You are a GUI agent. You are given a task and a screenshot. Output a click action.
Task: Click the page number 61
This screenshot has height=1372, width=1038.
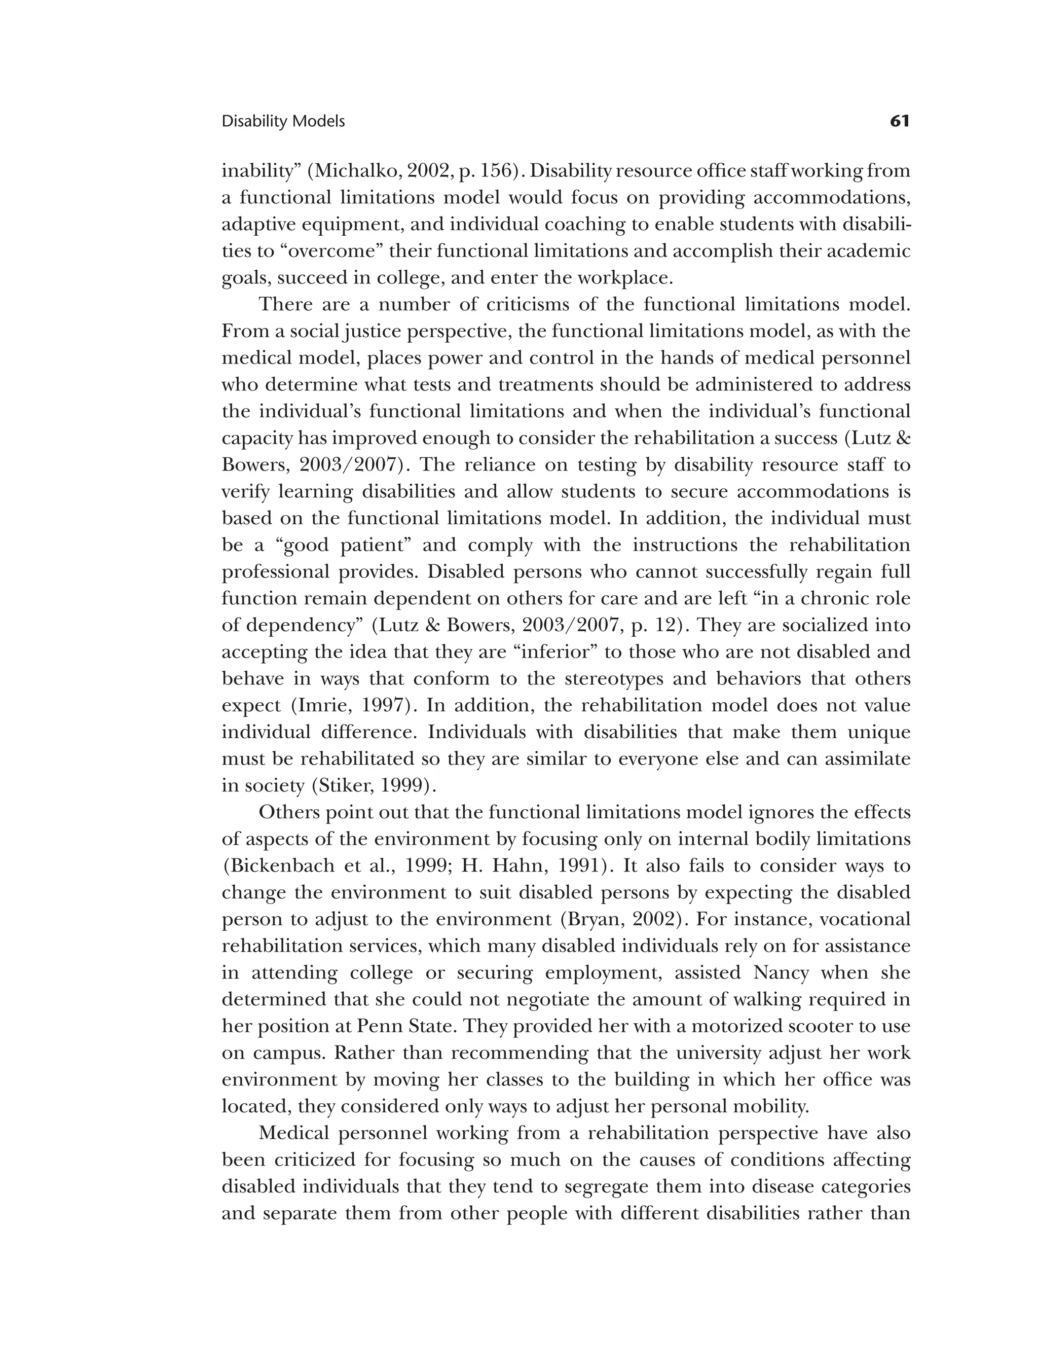tap(899, 121)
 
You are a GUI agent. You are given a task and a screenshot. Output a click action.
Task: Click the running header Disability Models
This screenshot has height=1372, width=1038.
tap(283, 122)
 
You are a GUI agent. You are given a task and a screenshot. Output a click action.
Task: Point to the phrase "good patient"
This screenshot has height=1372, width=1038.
tap(345, 545)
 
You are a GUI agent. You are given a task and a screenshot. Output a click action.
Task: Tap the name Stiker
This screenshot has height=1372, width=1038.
tap(339, 786)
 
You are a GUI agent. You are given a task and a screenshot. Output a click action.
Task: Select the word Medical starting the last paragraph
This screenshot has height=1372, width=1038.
tap(295, 1133)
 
